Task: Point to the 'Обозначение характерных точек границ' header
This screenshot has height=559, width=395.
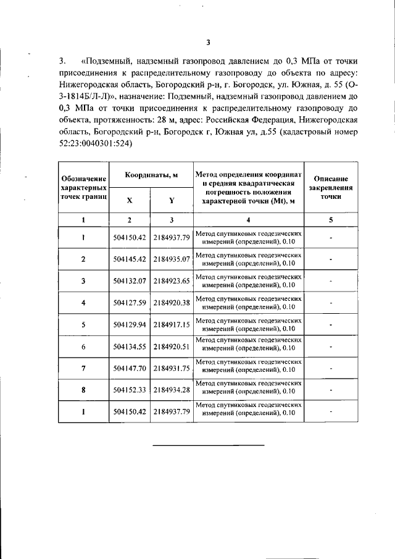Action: pyautogui.click(x=83, y=187)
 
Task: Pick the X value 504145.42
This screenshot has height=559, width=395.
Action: pyautogui.click(x=130, y=259)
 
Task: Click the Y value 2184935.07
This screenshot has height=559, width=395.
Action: pyautogui.click(x=172, y=259)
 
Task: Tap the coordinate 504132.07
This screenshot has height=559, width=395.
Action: pyautogui.click(x=130, y=280)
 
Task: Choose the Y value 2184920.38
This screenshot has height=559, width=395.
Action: pyautogui.click(x=172, y=302)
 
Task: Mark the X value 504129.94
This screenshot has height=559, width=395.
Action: pyautogui.click(x=130, y=324)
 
